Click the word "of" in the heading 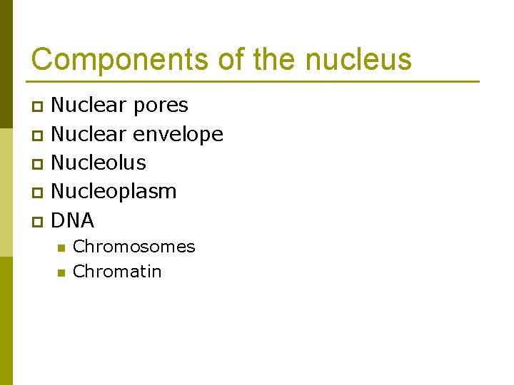pos(231,60)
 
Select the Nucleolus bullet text pos(99,163)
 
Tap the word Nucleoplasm pos(114,192)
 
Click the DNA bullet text pos(73,220)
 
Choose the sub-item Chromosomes pos(133,247)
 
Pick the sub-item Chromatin pos(117,272)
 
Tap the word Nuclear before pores pos(84,105)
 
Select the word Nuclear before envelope pos(84,133)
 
